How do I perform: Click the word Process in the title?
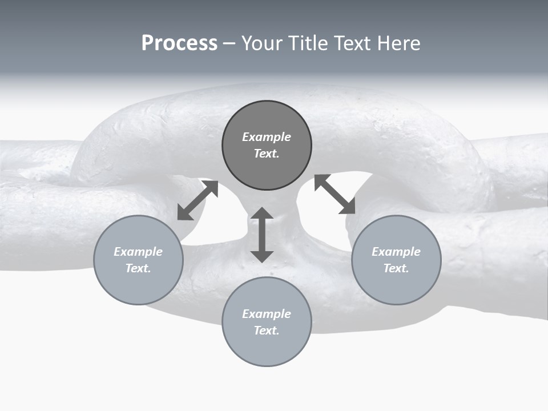click(x=179, y=43)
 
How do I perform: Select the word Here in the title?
click(x=398, y=43)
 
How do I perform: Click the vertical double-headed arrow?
click(x=262, y=235)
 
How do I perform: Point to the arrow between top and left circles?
click(x=198, y=200)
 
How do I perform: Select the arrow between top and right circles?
click(x=335, y=194)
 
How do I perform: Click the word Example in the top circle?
click(x=267, y=137)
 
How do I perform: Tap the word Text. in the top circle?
click(x=267, y=154)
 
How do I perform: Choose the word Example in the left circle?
click(x=138, y=252)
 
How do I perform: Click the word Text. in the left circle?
click(x=138, y=268)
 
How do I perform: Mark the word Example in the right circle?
click(x=396, y=252)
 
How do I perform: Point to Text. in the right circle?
click(x=396, y=268)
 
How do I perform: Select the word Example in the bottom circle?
click(x=267, y=314)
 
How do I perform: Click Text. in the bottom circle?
click(x=267, y=331)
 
